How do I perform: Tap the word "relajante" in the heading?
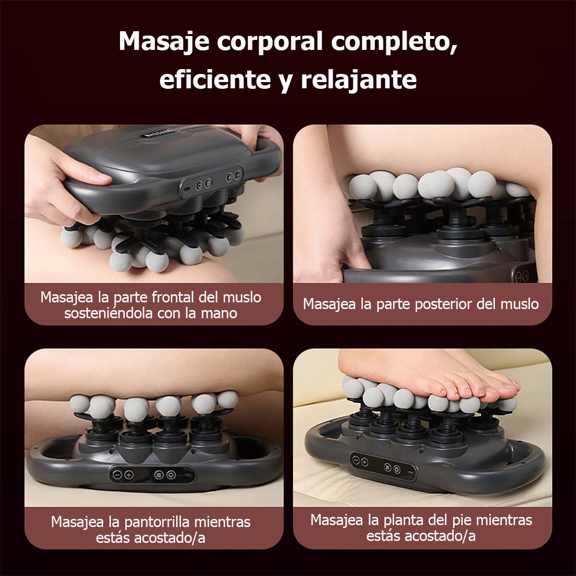[x=359, y=80]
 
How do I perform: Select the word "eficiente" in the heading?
[x=215, y=80]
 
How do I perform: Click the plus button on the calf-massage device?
[x=129, y=475]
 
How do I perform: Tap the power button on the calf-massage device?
[x=171, y=475]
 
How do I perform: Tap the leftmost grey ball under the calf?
[x=79, y=403]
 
